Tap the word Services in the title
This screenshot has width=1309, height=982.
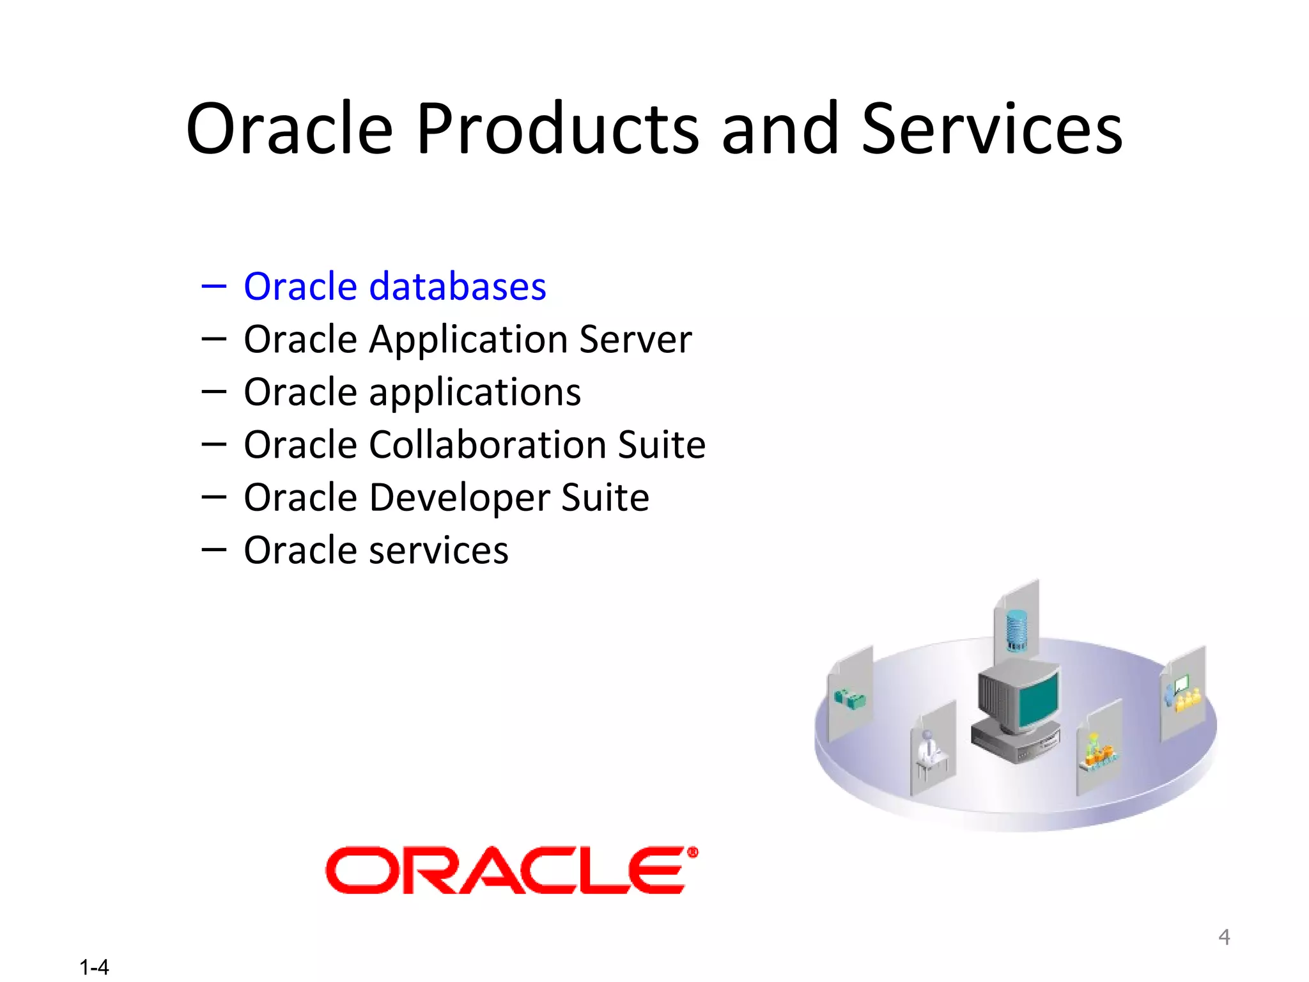click(x=991, y=130)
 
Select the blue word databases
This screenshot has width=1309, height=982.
click(x=458, y=286)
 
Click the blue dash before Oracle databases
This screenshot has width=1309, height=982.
click(x=213, y=286)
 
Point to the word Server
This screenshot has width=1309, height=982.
click(x=635, y=339)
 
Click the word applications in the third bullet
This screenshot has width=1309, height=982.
click(x=475, y=393)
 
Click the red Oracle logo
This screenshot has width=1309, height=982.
click(x=505, y=870)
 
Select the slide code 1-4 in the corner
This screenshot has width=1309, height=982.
click(x=94, y=967)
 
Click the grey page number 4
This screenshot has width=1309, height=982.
click(x=1224, y=937)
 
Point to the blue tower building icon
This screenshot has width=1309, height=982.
click(x=1016, y=629)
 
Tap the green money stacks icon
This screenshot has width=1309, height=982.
click(x=850, y=699)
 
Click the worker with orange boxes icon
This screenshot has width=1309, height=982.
click(x=1098, y=751)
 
